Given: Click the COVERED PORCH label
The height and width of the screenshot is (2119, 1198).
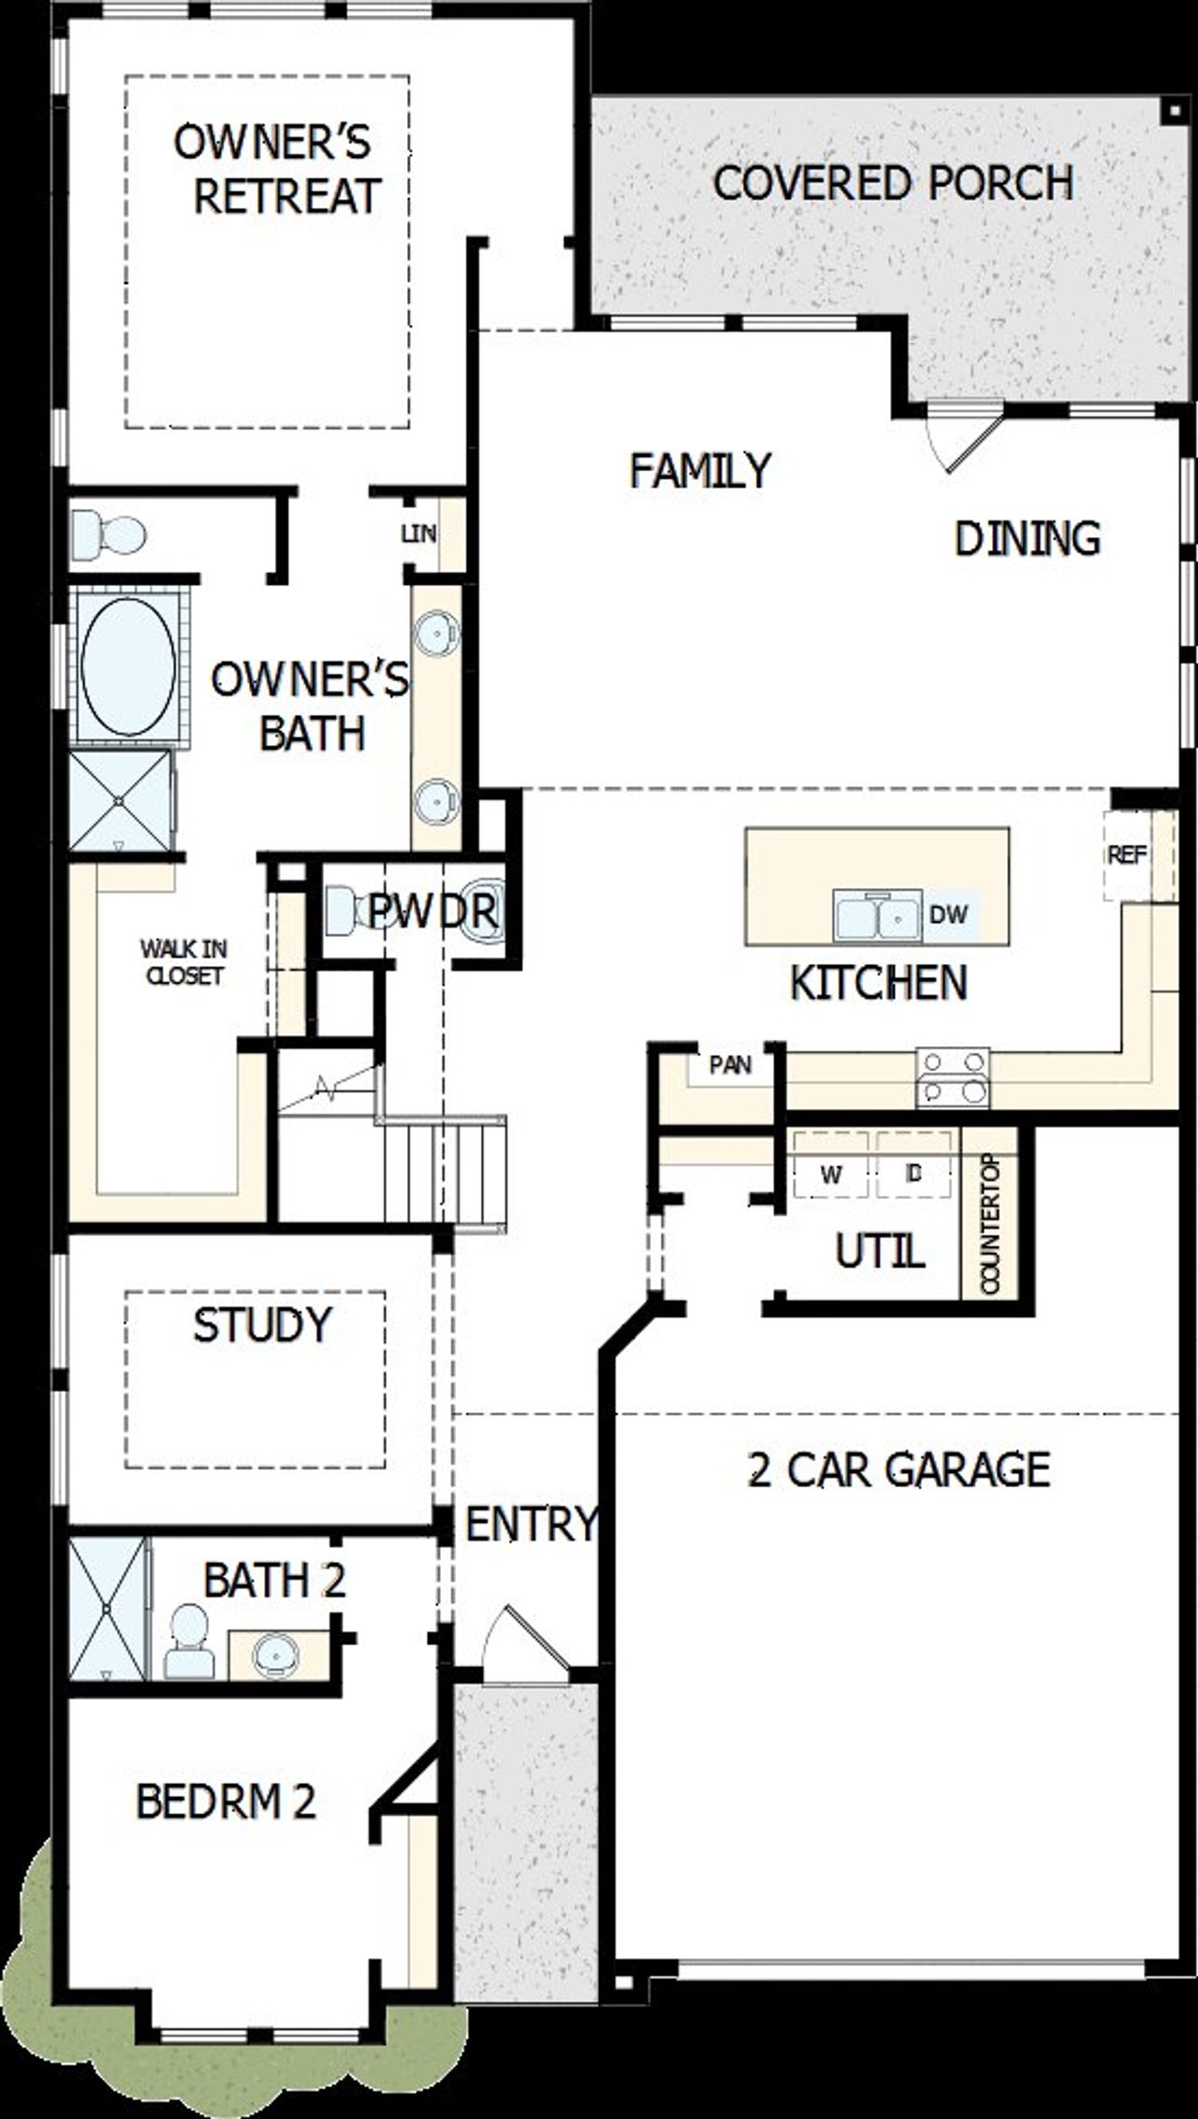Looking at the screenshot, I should tap(893, 183).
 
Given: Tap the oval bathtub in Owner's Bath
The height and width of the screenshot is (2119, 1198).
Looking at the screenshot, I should tap(128, 667).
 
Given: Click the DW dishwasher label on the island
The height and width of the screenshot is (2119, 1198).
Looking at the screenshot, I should tap(948, 913).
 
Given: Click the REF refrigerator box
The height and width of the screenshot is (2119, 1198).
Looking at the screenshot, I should tap(1127, 855).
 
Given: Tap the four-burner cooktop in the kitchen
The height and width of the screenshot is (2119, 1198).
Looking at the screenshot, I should tap(953, 1077).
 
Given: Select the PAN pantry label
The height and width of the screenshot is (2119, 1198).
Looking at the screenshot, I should tap(730, 1064).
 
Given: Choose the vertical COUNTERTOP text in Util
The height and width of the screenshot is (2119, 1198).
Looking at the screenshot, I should tap(990, 1225).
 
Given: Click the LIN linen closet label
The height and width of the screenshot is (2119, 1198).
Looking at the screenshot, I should tap(418, 533).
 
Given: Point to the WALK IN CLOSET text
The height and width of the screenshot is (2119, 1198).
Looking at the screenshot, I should tap(184, 962).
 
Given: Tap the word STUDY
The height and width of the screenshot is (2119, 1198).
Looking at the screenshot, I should tap(262, 1324).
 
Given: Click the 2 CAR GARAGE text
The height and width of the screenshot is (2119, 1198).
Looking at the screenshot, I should tap(899, 1469).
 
